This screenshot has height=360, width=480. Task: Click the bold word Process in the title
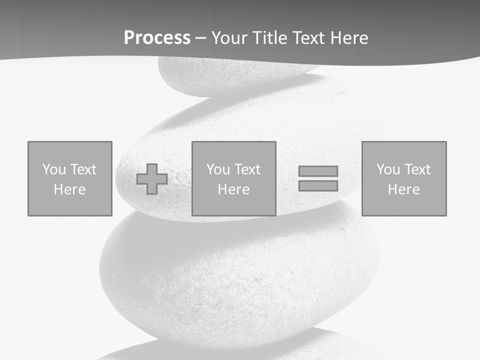[157, 38]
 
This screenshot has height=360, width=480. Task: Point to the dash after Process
[200, 38]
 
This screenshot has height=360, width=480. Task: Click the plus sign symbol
[152, 179]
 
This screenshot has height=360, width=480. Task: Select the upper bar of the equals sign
[318, 171]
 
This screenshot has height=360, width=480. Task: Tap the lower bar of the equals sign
[318, 185]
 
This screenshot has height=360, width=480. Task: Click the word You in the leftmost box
[54, 169]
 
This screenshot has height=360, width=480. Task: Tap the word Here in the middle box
[234, 189]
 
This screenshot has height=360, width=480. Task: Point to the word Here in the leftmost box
[70, 189]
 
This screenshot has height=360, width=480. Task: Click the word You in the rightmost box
[388, 169]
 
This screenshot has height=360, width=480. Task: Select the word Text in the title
[306, 38]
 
